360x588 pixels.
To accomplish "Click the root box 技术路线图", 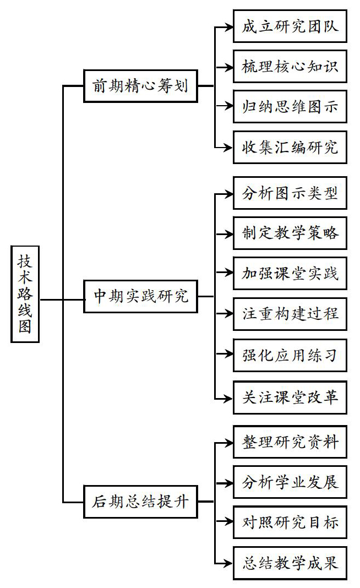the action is point(25,294).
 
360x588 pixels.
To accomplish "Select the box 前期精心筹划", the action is point(140,86).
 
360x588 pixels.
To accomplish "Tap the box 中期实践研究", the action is point(140,296).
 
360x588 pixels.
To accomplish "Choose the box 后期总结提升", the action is point(140,502).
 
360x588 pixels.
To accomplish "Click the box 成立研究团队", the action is point(290,26).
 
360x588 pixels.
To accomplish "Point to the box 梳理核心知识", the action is point(290,67).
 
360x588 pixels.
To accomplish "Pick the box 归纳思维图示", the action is point(290,106).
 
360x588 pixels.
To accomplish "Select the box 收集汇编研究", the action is point(290,148).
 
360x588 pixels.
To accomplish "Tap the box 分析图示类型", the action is point(290,193).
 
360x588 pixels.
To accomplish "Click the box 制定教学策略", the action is point(290,233).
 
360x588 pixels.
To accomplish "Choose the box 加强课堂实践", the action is point(290,274).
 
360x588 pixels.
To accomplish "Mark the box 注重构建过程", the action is point(290,314).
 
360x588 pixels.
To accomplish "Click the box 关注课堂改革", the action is point(290,398).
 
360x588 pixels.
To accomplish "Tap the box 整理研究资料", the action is point(290,442).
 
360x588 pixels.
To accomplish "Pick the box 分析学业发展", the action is point(290,482).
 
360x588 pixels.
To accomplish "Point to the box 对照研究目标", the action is point(290,522).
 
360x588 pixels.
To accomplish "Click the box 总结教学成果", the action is point(290,563).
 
